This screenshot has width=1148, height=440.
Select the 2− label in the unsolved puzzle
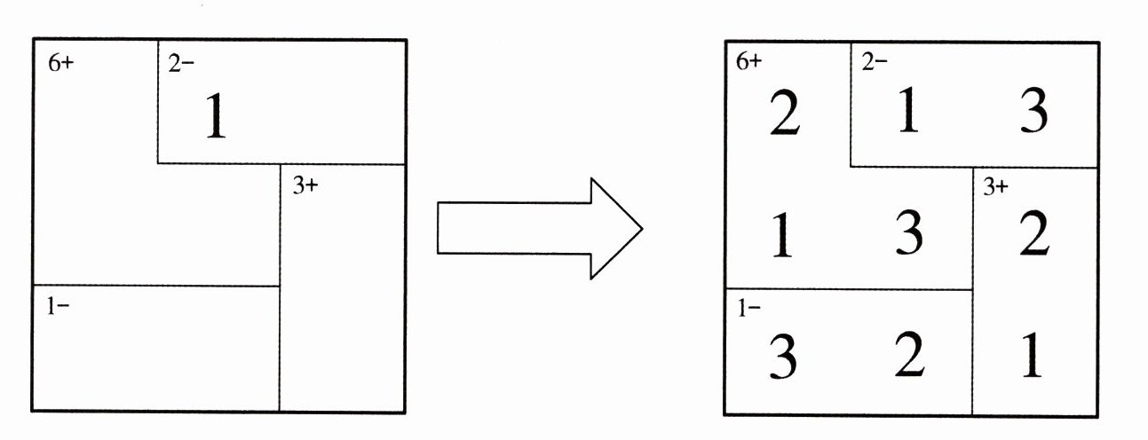[x=181, y=65]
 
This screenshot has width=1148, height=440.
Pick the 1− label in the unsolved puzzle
[x=59, y=307]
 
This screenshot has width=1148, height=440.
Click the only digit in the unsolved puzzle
[x=215, y=116]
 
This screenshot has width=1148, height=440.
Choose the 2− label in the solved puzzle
[x=874, y=62]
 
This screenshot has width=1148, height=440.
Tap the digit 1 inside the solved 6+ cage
[x=782, y=236]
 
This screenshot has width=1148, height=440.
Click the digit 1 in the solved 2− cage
[x=907, y=113]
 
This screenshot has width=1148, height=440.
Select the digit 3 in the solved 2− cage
[x=1032, y=113]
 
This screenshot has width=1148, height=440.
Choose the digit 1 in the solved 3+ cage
[x=1032, y=357]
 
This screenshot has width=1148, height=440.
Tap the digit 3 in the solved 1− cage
[x=782, y=357]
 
